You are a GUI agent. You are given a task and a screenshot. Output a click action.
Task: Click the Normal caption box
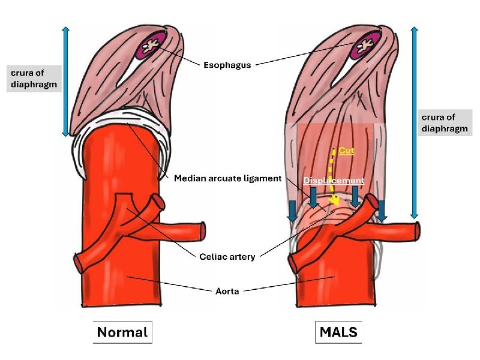tap(122, 332)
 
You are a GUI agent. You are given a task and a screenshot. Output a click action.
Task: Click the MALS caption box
tap(338, 332)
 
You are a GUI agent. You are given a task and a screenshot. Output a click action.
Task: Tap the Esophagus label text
tap(227, 65)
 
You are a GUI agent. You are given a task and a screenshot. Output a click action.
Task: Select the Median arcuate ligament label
tap(228, 178)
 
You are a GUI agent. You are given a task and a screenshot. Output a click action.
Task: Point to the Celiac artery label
tap(227, 257)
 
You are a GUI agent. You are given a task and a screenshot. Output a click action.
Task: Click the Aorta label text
tap(227, 291)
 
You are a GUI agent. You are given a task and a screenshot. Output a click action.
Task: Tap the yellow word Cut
tap(347, 151)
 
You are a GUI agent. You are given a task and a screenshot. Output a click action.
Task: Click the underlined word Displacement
tap(334, 181)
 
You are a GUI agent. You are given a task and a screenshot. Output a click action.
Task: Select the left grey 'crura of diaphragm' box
tap(34, 79)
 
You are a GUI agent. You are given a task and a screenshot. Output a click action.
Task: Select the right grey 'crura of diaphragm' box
tap(445, 123)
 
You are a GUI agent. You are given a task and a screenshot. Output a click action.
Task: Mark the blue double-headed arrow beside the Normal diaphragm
tap(65, 82)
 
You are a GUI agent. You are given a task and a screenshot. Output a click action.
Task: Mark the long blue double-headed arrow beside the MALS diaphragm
tap(414, 122)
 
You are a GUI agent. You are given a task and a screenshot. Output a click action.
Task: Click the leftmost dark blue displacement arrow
tap(293, 212)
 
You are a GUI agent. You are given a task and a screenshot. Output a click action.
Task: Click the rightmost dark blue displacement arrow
tap(382, 211)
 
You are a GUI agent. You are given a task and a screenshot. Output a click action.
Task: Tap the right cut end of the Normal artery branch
tap(202, 230)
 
